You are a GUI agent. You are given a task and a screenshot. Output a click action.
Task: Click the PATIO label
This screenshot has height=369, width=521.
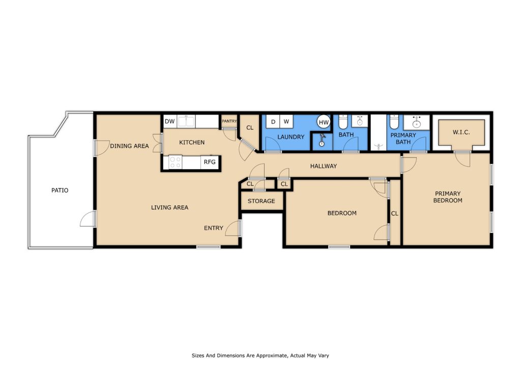click(x=60, y=191)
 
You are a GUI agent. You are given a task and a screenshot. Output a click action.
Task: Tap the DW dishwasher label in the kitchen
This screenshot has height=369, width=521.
click(x=169, y=121)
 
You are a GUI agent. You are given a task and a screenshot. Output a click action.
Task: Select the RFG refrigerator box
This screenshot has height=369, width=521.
click(x=209, y=162)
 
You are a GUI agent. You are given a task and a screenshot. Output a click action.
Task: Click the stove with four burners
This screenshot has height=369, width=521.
click(x=176, y=162)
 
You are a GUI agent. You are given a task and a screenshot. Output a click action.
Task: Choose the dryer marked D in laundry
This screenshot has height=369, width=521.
click(x=273, y=122)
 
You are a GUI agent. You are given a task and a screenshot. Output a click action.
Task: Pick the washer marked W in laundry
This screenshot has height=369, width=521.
click(x=286, y=122)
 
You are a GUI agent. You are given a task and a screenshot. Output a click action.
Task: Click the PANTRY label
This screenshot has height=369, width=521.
click(x=229, y=121)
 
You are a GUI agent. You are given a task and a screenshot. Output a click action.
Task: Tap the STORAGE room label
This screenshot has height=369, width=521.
click(x=261, y=201)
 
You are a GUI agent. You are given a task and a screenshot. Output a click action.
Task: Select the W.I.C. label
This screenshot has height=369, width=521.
click(x=461, y=133)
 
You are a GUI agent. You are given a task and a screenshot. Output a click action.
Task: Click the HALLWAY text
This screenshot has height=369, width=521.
click(x=324, y=166)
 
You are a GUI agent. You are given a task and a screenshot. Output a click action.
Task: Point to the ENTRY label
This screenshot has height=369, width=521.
click(x=213, y=228)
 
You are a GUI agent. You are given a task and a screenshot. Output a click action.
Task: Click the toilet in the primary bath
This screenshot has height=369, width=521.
click(x=394, y=123)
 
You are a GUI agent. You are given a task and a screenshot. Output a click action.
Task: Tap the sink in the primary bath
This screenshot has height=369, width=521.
click(x=417, y=122)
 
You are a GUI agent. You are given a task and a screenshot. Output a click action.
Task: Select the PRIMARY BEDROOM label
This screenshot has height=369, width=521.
click(x=448, y=197)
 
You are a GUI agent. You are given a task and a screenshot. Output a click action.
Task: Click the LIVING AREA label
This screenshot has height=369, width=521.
click(x=169, y=207)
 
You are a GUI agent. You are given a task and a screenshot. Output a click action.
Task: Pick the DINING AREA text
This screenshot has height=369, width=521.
click(x=129, y=146)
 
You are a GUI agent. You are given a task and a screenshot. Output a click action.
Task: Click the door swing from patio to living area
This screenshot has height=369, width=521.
click(x=88, y=219)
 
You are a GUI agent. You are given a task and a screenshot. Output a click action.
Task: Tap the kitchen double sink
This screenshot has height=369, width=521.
click(x=186, y=121)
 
